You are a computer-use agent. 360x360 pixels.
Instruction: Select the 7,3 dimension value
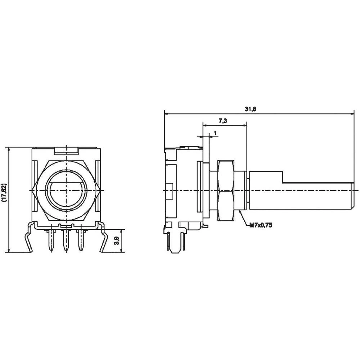pos(222,121)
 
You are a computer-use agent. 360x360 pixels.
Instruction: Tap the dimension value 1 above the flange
pos(215,133)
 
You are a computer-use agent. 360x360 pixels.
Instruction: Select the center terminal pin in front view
pos(66,240)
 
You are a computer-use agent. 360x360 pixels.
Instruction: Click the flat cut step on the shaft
pos(283,177)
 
